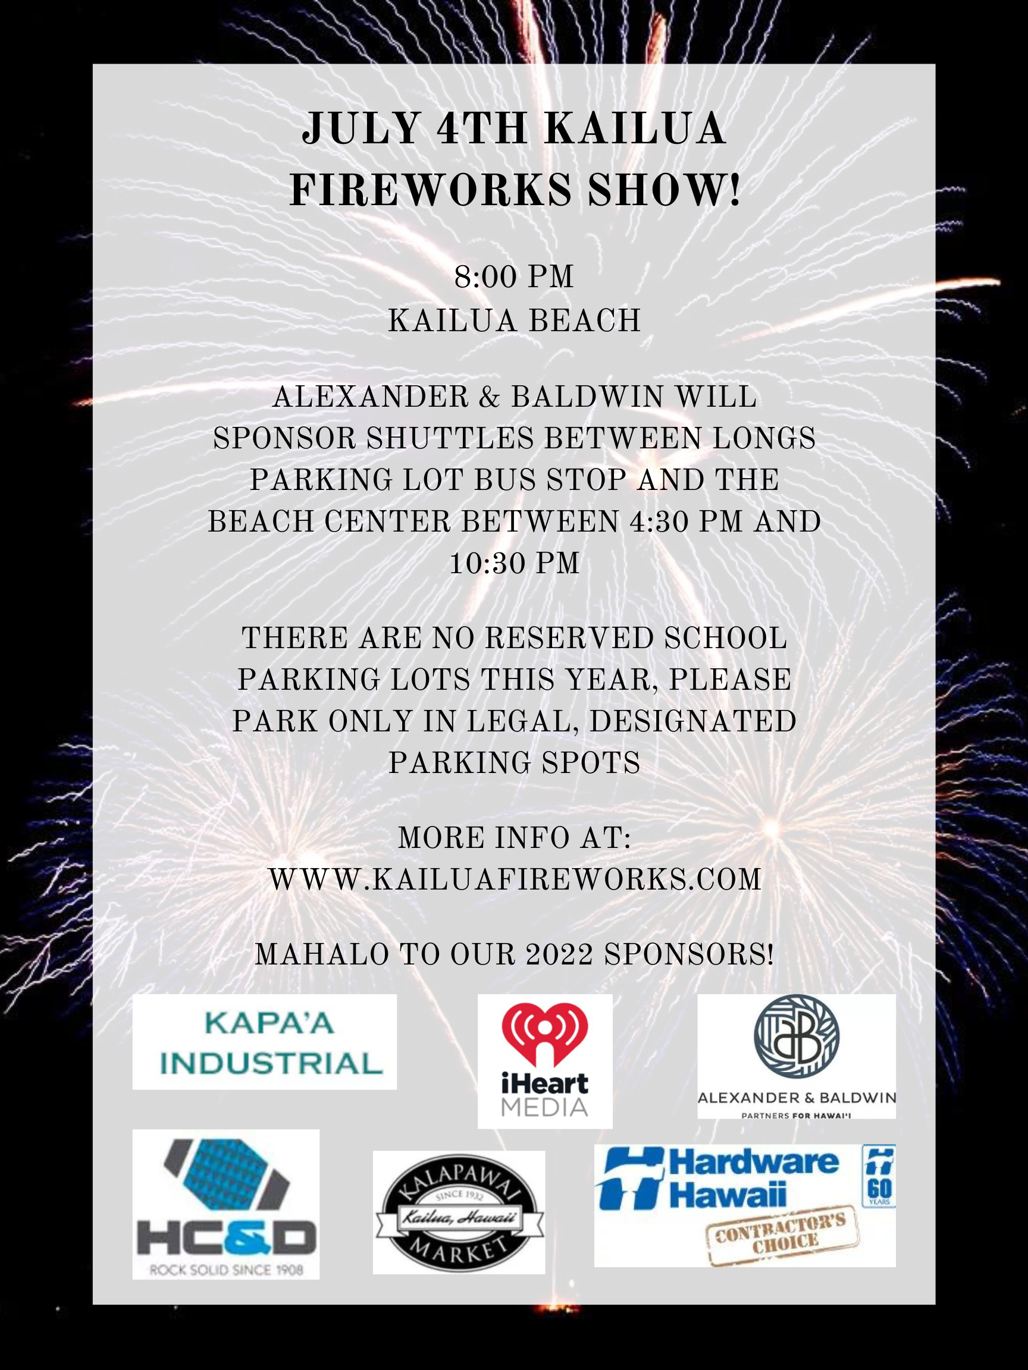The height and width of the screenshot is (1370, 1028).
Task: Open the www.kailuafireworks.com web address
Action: click(515, 879)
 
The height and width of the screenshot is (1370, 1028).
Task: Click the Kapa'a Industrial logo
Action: click(265, 1042)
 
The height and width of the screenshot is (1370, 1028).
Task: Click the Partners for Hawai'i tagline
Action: click(796, 1116)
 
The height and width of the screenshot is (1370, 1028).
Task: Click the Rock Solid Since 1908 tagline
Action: click(226, 1271)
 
